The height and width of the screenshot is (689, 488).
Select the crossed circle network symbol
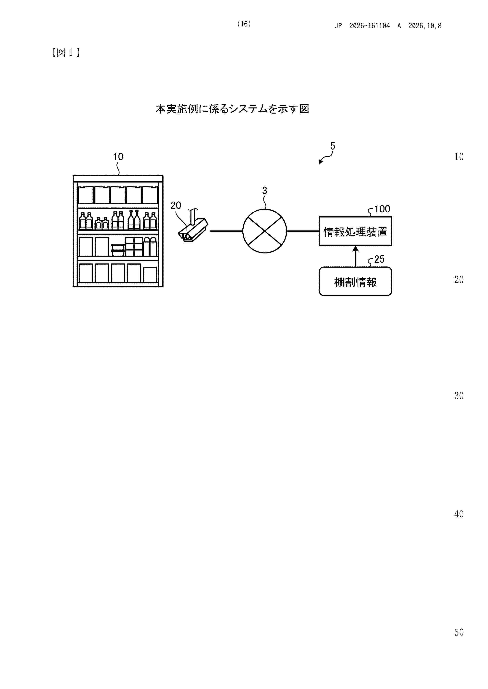[264, 231]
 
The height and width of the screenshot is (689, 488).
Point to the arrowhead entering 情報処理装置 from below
[356, 249]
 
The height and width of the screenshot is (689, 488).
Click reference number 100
[382, 209]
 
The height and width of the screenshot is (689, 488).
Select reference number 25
[379, 259]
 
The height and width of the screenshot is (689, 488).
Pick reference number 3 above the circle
[264, 190]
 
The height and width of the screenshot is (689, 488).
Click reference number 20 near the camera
[176, 205]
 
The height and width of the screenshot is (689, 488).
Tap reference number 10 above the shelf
[118, 157]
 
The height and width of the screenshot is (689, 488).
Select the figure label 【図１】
[66, 53]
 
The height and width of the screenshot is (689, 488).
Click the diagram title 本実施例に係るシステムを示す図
[232, 109]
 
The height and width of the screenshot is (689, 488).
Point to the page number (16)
[244, 24]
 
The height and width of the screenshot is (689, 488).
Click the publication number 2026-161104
[369, 26]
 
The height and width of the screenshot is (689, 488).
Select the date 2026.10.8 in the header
[425, 26]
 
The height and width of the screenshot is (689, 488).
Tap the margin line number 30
[459, 395]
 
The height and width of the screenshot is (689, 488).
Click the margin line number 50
[459, 632]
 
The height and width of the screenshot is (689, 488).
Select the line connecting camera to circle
[226, 231]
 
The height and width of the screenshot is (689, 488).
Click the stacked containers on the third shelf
[118, 250]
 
